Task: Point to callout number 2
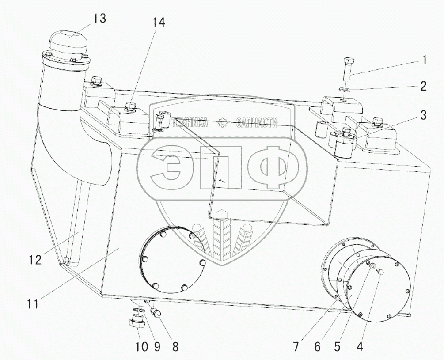pyautogui.click(x=423, y=86)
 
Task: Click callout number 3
pyautogui.click(x=423, y=115)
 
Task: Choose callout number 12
pyautogui.click(x=35, y=260)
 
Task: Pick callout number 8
pyautogui.click(x=175, y=347)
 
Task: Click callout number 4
pyautogui.click(x=360, y=347)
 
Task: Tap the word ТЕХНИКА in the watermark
pyautogui.click(x=190, y=123)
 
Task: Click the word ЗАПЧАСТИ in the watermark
pyautogui.click(x=257, y=123)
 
